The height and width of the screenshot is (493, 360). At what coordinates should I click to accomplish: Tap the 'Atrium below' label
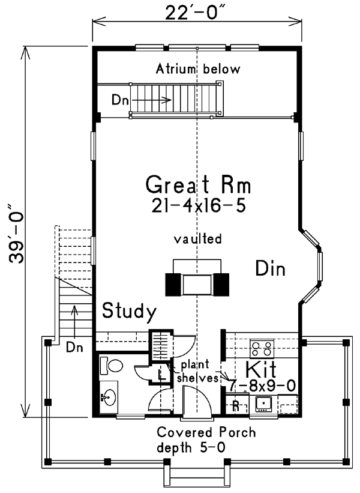coord(198,69)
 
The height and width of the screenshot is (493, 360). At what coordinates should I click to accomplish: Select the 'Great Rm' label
coord(198,184)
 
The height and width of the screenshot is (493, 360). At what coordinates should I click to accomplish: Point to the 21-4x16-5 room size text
coord(198,206)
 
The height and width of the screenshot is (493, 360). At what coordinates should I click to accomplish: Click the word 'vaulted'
coord(198,238)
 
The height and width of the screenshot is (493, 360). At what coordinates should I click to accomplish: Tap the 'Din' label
coord(270,268)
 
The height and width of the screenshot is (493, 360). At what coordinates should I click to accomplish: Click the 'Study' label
coord(129,311)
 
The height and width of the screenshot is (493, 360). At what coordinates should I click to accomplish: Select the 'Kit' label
coord(261,369)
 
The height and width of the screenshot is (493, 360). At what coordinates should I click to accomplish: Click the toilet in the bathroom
coord(111,366)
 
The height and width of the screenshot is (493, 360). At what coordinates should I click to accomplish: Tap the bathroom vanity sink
coord(109,397)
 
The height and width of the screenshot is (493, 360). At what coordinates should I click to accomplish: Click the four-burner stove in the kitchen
coord(262,348)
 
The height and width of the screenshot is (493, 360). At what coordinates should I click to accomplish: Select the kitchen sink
coord(263,404)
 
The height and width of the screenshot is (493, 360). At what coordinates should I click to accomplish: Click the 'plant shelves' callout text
coord(195,371)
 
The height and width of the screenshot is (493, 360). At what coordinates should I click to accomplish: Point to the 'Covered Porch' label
coord(206,432)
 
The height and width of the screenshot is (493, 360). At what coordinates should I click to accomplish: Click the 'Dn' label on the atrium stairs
coord(119,100)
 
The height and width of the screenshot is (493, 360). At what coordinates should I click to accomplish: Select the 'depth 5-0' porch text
coord(191,448)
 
